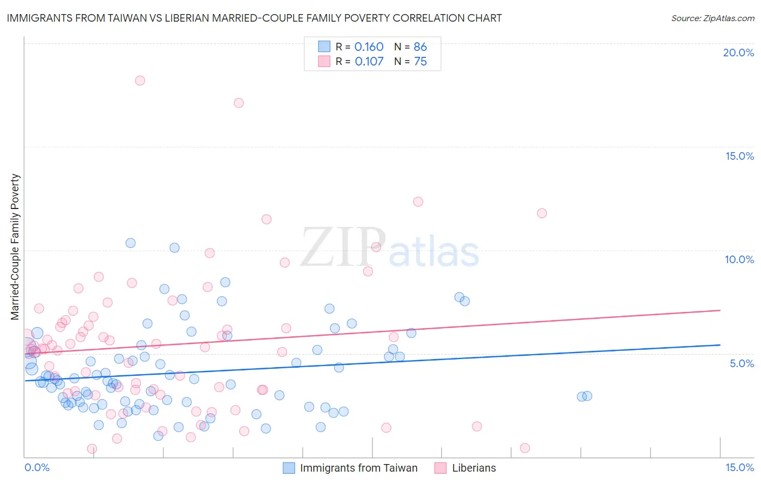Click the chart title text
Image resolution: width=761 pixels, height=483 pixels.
tap(254, 18)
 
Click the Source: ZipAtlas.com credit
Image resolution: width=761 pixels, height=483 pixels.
tap(712, 18)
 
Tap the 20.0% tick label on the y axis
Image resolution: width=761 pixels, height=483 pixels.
tap(738, 53)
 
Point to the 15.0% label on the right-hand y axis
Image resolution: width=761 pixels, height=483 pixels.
tap(739, 156)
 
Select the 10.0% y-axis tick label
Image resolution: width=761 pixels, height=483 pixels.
tap(739, 259)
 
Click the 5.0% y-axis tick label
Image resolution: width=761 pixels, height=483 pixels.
tap(742, 363)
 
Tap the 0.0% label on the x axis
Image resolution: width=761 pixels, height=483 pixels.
tap(37, 467)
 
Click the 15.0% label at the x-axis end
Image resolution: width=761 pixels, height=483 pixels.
tap(739, 467)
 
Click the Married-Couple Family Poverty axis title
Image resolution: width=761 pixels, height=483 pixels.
tap(15, 246)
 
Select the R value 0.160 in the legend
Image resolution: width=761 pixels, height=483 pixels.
tap(369, 47)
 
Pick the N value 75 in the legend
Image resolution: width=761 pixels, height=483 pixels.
tap(420, 61)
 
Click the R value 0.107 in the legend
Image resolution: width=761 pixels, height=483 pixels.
tap(369, 61)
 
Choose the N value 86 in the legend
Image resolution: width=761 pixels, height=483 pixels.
tap(420, 47)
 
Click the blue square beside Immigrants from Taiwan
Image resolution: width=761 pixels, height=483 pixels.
tap(289, 468)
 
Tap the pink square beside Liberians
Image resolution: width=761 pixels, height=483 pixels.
tap(441, 468)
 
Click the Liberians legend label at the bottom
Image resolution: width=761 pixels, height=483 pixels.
tap(474, 468)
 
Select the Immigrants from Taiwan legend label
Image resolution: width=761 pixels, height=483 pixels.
tap(359, 468)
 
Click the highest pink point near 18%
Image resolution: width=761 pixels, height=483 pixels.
tap(140, 81)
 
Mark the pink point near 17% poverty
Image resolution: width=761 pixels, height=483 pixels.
tap(239, 103)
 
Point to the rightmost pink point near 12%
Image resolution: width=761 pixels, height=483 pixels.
tap(542, 213)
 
